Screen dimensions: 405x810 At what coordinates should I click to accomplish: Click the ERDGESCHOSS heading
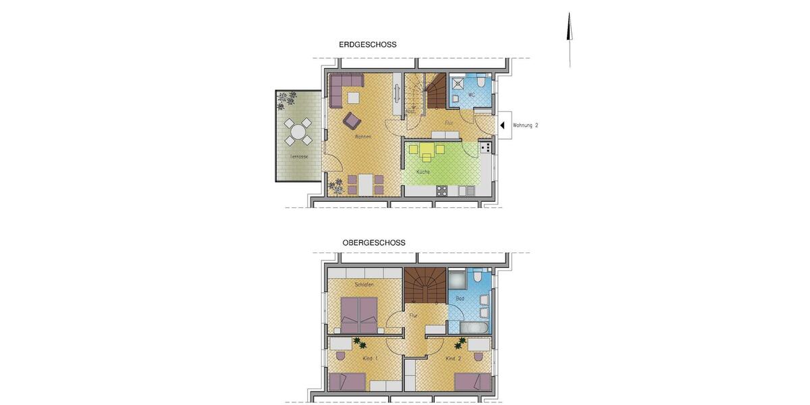(x=367, y=45)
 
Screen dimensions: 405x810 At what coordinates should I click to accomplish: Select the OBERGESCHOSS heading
(x=373, y=242)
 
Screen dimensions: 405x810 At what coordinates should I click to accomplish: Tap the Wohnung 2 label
(x=526, y=126)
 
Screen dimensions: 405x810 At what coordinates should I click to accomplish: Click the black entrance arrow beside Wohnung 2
(x=502, y=125)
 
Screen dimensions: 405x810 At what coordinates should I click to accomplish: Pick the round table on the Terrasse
(x=298, y=132)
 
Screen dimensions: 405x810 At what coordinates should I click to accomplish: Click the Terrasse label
(x=299, y=157)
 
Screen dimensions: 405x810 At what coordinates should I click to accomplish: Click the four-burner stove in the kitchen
(x=485, y=147)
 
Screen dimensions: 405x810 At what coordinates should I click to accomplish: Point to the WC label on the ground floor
(x=471, y=95)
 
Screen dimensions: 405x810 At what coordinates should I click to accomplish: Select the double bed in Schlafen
(x=358, y=312)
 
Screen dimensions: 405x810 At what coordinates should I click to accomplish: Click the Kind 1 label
(x=370, y=358)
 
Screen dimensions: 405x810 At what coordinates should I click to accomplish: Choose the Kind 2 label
(x=453, y=358)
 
